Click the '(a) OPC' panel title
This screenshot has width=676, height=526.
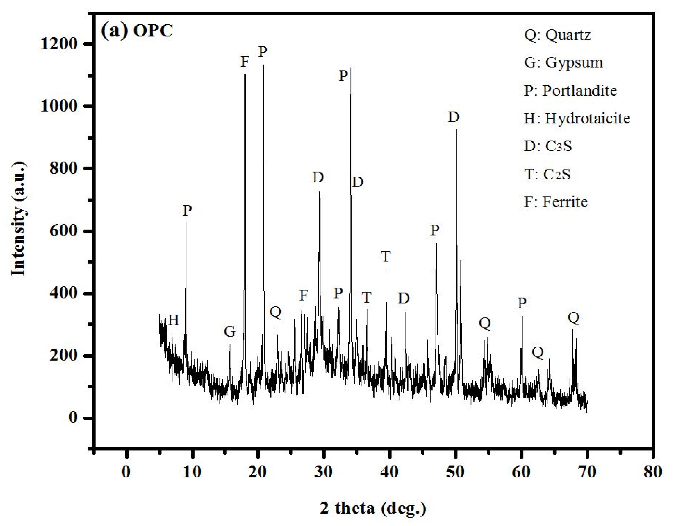point(137,31)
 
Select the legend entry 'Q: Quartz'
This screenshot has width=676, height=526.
point(557,35)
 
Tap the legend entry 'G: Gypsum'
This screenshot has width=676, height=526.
point(563,63)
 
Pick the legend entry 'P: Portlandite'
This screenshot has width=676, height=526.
point(570,91)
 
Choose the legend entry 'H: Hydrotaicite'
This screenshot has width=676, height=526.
point(577,119)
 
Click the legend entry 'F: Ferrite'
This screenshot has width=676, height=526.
point(556,202)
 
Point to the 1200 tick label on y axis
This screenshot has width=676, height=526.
point(59,44)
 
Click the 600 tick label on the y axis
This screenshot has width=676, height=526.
point(63,231)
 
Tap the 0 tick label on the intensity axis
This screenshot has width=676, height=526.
point(73,418)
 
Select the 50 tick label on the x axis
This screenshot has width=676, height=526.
point(455,472)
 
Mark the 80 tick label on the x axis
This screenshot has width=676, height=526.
point(653,472)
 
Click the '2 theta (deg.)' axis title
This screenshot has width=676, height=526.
point(373,508)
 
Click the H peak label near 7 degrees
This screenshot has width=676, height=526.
point(174,320)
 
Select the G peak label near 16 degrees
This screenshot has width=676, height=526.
point(230,332)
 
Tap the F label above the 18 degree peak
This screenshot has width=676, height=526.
point(245,62)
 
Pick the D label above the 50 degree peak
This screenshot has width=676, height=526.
point(454,118)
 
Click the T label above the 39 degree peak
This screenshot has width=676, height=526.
point(386,256)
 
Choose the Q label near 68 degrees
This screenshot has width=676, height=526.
point(573,318)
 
